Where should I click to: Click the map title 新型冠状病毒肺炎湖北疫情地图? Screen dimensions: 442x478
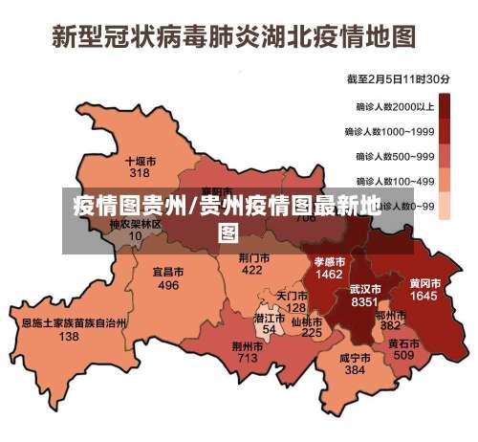(234, 37)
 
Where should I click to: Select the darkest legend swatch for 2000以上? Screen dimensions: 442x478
(449, 107)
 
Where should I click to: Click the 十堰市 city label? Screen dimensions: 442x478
(141, 162)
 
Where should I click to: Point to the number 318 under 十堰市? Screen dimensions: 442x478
(140, 174)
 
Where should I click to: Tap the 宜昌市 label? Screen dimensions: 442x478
(168, 273)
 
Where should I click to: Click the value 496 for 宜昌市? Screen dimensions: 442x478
(168, 285)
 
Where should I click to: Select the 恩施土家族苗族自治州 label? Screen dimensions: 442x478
(74, 323)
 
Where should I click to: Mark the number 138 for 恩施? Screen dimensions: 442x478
(69, 337)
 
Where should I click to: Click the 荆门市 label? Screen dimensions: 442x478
(252, 257)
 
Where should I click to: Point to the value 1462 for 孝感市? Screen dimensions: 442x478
(329, 274)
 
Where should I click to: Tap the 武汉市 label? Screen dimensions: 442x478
(364, 288)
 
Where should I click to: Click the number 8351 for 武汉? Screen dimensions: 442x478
(364, 301)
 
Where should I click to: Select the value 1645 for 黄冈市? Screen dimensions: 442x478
(424, 297)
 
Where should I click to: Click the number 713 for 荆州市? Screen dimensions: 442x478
(247, 358)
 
